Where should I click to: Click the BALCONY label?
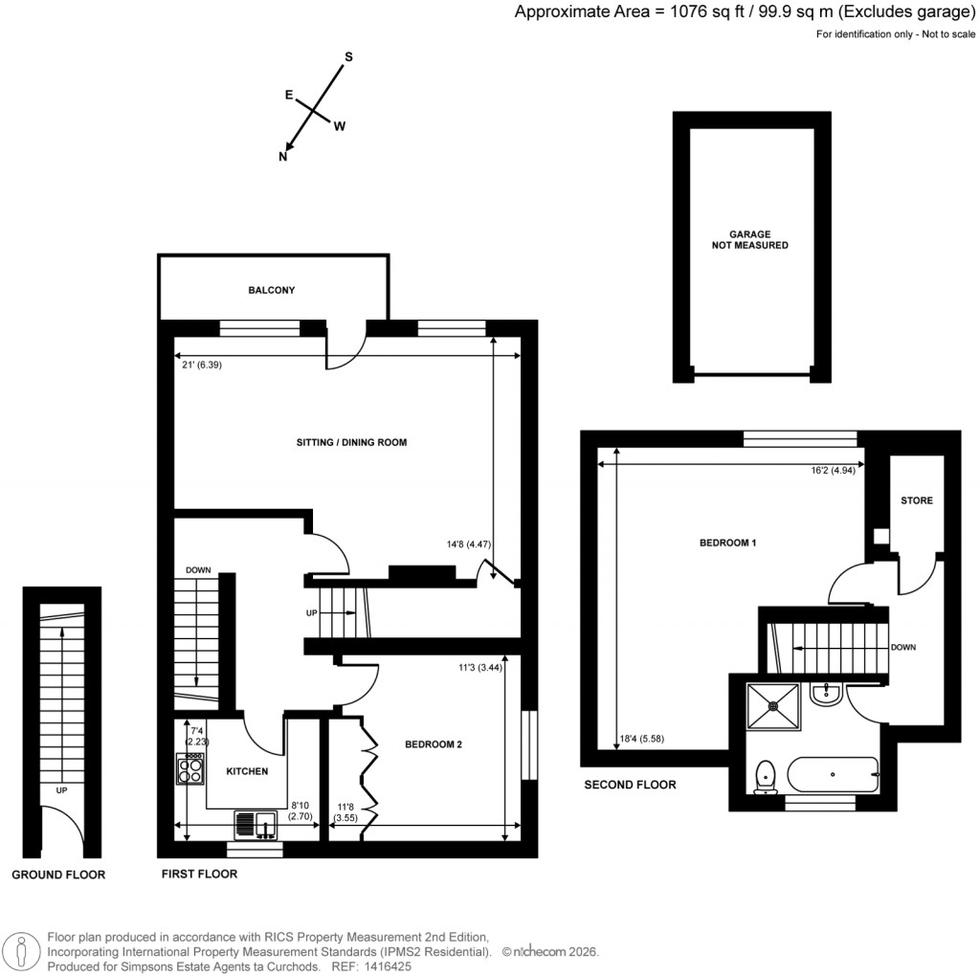(272, 290)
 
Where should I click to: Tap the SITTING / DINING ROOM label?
(351, 443)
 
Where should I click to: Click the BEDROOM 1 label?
(728, 543)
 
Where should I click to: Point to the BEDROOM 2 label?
(434, 744)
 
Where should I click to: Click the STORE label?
(916, 500)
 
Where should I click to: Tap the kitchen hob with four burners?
(190, 769)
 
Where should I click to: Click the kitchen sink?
(255, 823)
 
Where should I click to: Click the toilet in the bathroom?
(764, 776)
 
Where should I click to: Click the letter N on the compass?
(283, 158)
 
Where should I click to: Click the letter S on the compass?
(348, 57)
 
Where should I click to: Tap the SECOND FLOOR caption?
(630, 785)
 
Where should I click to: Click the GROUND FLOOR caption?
(58, 875)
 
